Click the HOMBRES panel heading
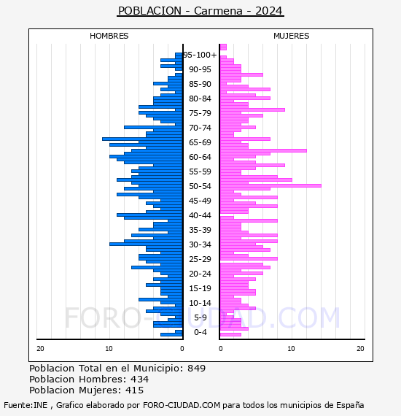pyautogui.click(x=109, y=36)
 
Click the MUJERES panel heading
pyautogui.click(x=292, y=36)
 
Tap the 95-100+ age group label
pyautogui.click(x=200, y=55)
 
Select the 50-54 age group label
pyautogui.click(x=200, y=186)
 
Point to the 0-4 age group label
pyautogui.click(x=200, y=332)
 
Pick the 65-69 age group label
pyautogui.click(x=200, y=142)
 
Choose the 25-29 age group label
pyautogui.click(x=200, y=259)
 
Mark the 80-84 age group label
pyautogui.click(x=200, y=99)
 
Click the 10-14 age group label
pyautogui.click(x=200, y=303)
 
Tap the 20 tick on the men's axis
pyautogui.click(x=40, y=349)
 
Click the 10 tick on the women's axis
pyautogui.click(x=292, y=349)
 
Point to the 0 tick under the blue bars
pyautogui.click(x=182, y=349)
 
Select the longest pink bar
pyautogui.click(x=270, y=185)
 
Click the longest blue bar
pyautogui.click(x=142, y=139)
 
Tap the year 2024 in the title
pyautogui.click(x=269, y=11)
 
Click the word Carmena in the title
pyautogui.click(x=218, y=11)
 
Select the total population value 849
pyautogui.click(x=196, y=369)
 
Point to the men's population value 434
pyautogui.click(x=140, y=380)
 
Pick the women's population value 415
pyautogui.click(x=135, y=390)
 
